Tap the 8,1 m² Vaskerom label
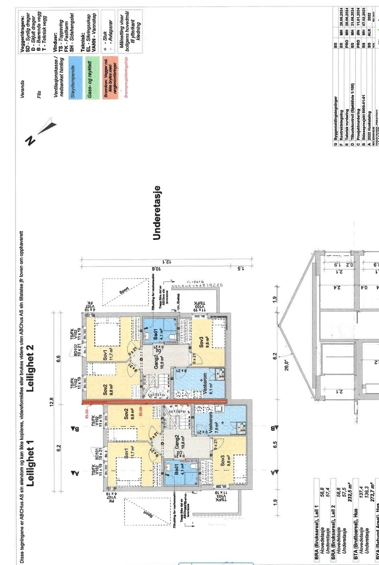[x=205, y=384]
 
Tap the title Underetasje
[x=157, y=213]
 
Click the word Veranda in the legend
[x=22, y=89]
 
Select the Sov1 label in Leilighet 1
[x=127, y=457]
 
